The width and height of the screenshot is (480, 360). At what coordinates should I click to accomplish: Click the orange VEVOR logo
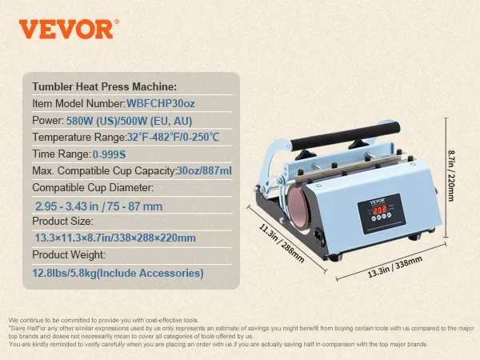(69, 29)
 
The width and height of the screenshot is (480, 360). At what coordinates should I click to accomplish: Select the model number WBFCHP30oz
(161, 103)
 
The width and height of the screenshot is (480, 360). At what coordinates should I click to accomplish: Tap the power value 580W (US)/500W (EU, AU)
(129, 121)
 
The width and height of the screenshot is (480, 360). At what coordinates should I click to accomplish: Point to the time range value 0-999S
(109, 154)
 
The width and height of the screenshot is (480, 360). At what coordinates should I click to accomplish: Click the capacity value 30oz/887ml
(204, 170)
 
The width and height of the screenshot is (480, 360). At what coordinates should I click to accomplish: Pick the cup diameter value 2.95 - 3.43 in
(66, 206)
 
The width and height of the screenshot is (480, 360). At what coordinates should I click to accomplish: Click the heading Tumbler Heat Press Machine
(104, 86)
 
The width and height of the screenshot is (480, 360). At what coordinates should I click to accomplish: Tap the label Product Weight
(69, 254)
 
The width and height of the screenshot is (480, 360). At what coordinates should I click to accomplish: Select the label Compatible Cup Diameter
(93, 187)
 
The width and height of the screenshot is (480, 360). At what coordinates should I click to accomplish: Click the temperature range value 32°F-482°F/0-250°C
(173, 137)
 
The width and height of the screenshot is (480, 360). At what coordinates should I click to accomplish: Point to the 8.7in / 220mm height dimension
(451, 176)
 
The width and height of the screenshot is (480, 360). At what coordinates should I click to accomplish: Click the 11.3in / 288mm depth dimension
(282, 243)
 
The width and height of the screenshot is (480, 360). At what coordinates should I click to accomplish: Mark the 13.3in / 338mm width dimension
(395, 267)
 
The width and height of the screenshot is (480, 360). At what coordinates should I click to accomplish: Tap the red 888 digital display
(379, 210)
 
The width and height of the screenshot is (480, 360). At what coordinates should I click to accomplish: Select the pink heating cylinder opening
(297, 209)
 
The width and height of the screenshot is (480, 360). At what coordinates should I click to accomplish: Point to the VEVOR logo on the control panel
(377, 202)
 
